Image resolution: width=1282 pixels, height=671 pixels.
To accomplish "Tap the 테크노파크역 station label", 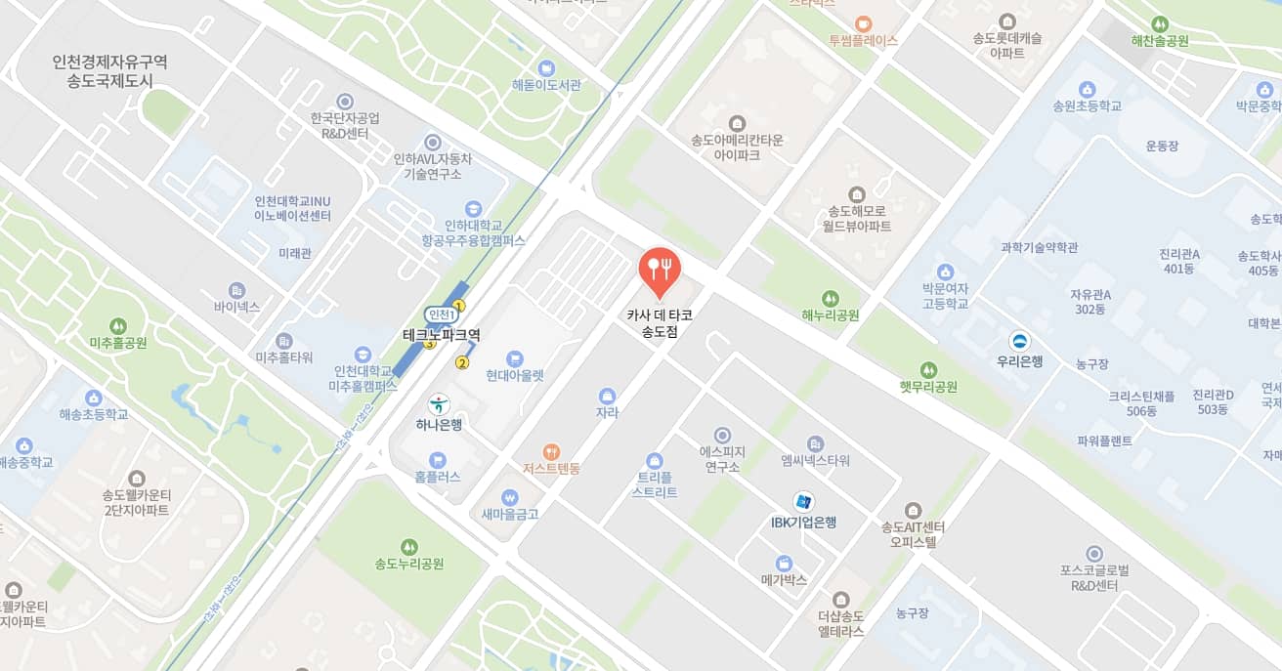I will pyautogui.click(x=442, y=334).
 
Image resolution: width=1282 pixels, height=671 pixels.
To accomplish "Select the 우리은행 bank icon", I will pyautogui.click(x=1019, y=341).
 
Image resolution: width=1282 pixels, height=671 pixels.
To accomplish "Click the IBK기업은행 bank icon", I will pyautogui.click(x=803, y=501).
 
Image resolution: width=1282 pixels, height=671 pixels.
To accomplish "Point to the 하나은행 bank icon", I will pyautogui.click(x=439, y=403).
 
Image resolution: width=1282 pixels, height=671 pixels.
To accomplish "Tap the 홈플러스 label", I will pyautogui.click(x=437, y=477).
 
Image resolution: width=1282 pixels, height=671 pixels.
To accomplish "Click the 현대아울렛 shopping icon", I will pyautogui.click(x=515, y=357).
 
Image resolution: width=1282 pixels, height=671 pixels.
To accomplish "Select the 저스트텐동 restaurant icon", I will pyautogui.click(x=551, y=451).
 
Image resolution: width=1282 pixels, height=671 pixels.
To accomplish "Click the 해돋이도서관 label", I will pyautogui.click(x=546, y=85).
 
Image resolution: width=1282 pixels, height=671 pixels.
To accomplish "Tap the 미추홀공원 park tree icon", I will pyautogui.click(x=118, y=325).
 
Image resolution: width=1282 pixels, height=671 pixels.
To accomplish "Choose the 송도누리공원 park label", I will pyautogui.click(x=409, y=564).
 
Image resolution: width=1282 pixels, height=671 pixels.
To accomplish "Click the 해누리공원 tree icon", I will pyautogui.click(x=831, y=298).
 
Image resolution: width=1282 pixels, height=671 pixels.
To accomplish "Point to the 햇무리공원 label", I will pyautogui.click(x=928, y=387).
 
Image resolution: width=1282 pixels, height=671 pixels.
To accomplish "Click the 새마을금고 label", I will pyautogui.click(x=510, y=514).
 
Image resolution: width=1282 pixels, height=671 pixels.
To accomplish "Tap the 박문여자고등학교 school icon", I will pyautogui.click(x=945, y=272).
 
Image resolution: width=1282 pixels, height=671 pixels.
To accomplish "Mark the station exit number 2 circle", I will pyautogui.click(x=463, y=363).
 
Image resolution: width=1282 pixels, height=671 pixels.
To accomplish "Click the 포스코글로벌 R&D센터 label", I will pyautogui.click(x=1094, y=578).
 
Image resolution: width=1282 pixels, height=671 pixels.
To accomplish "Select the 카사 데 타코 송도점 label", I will pyautogui.click(x=660, y=323).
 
